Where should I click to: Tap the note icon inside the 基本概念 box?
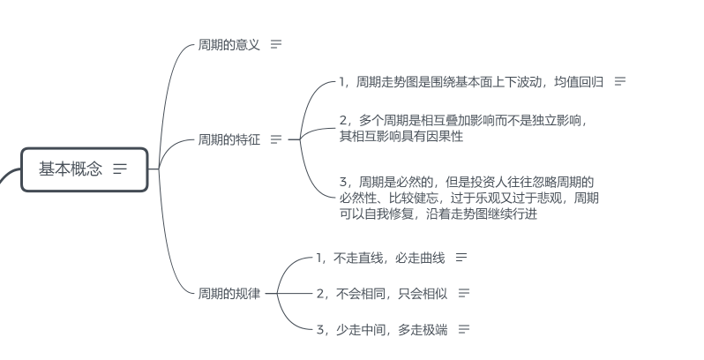pos(120,169)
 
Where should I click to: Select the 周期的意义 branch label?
pos(229,44)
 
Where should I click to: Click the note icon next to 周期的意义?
pos(276,44)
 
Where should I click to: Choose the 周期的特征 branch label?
pos(229,139)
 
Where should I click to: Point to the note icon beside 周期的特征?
pos(276,139)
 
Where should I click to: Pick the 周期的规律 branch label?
pos(229,293)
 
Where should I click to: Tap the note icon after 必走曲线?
pos(461,258)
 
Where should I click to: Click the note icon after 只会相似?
pos(464,293)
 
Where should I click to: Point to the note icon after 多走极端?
pos(464,329)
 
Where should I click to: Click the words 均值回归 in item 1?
pos(579,82)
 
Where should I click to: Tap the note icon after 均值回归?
pos(620,82)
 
